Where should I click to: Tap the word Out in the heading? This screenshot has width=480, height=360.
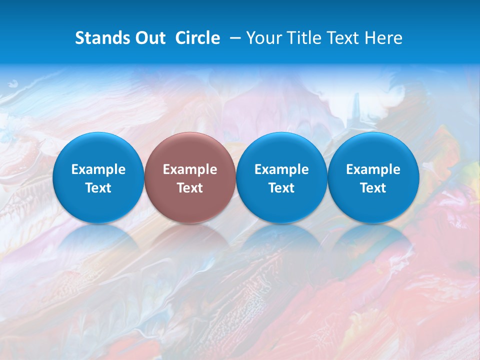(x=149, y=38)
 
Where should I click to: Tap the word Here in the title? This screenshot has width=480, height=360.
(x=383, y=38)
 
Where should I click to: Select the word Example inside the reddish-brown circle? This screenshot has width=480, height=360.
(x=190, y=169)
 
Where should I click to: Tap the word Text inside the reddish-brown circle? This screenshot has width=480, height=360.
(x=190, y=188)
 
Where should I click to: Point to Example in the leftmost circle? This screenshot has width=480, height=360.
(x=98, y=169)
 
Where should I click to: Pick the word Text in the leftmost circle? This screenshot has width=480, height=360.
(x=98, y=188)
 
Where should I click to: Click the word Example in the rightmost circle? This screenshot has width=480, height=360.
(x=373, y=169)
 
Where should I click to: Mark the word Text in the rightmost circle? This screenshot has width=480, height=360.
(x=373, y=188)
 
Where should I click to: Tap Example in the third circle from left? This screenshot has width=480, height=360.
(x=281, y=169)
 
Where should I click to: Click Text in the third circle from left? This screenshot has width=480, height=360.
(x=281, y=188)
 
